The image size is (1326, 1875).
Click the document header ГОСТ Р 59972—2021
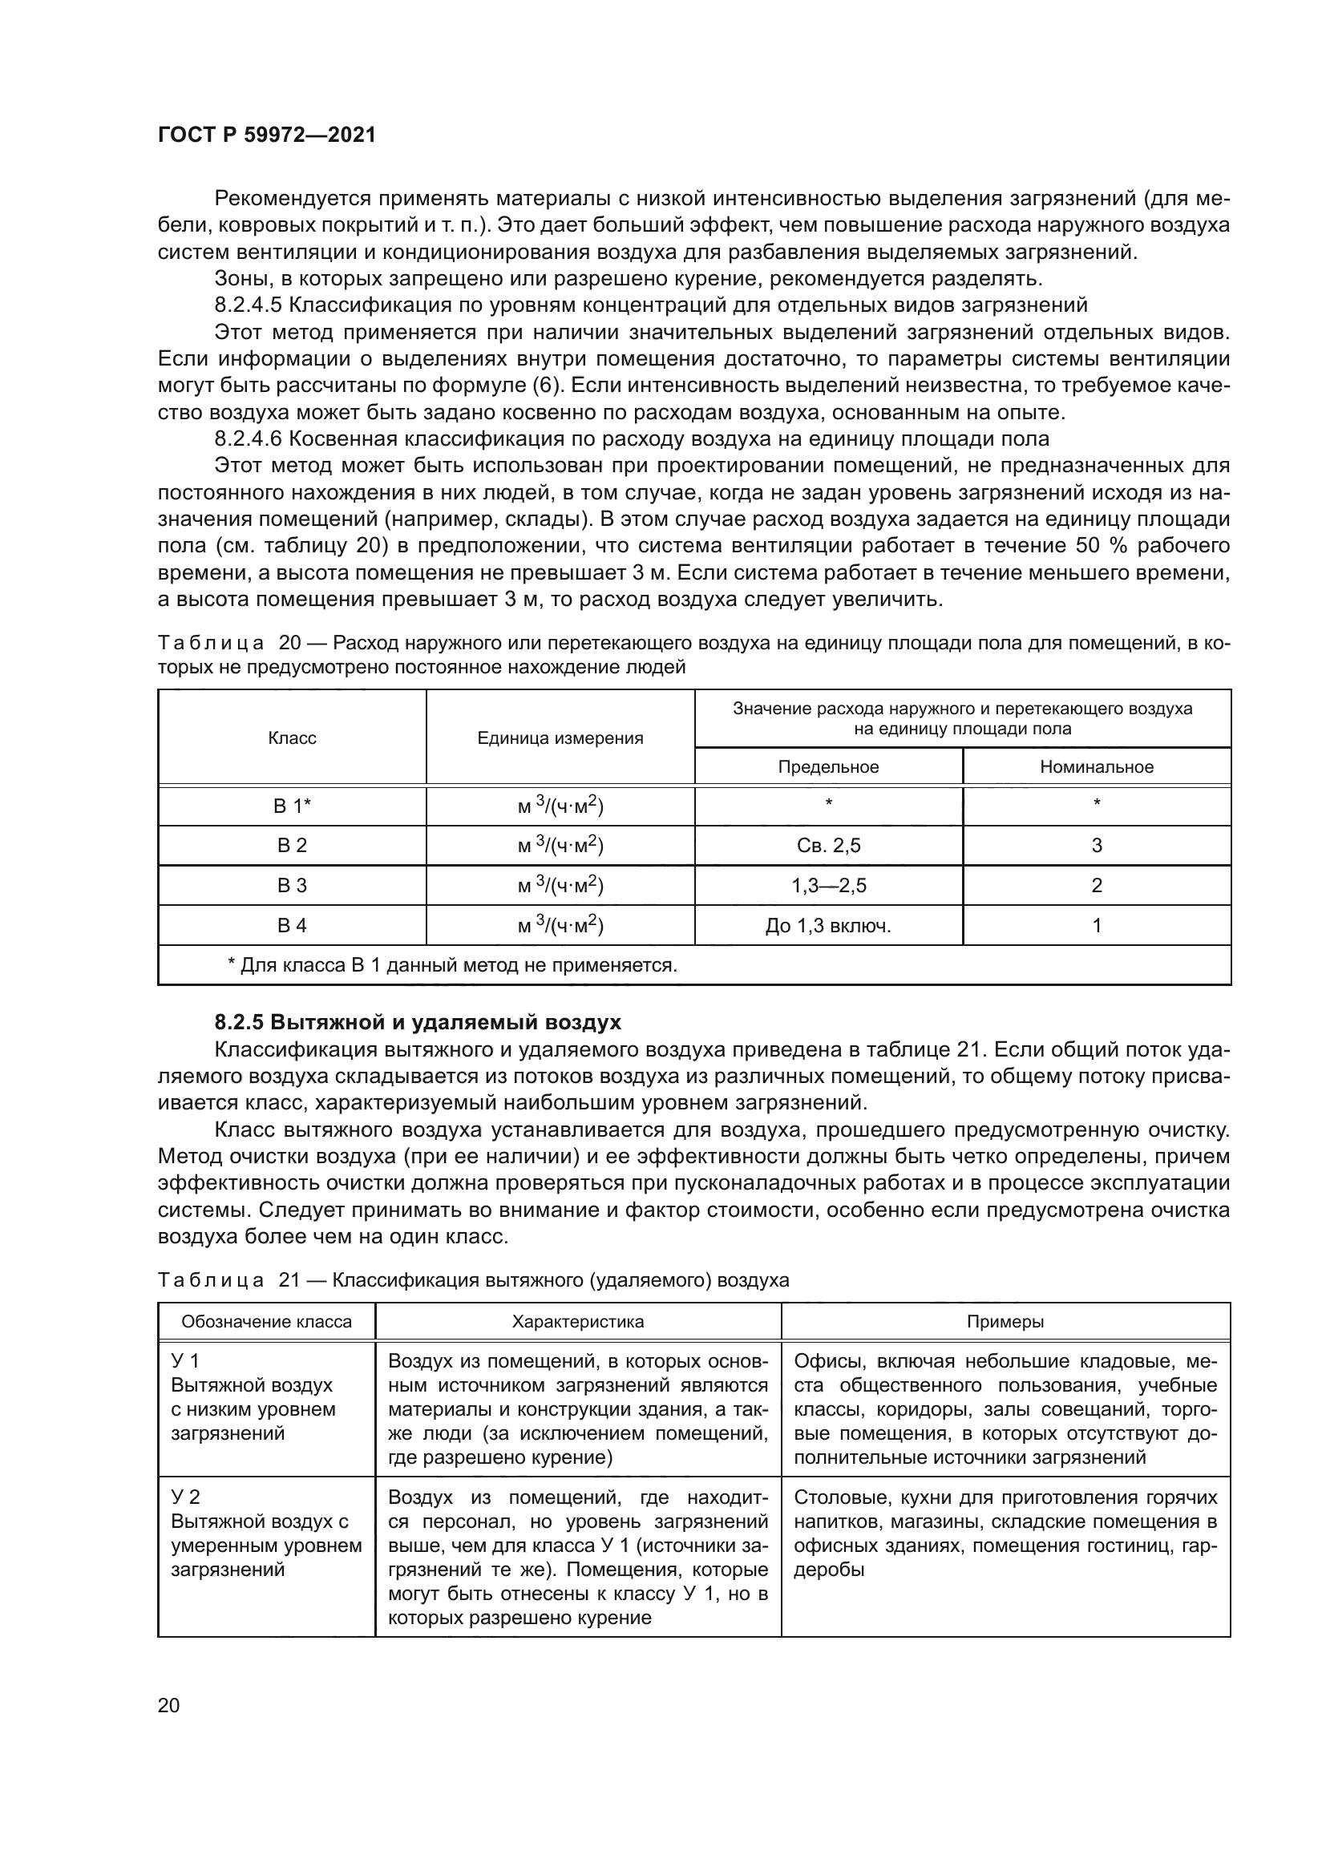266,135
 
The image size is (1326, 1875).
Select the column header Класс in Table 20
292,737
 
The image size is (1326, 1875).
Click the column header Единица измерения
560,737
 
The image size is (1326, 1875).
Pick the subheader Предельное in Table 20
828,767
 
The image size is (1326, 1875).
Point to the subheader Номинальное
1097,767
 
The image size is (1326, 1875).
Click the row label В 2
292,845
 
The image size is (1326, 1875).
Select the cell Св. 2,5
828,845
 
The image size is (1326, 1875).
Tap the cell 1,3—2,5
828,885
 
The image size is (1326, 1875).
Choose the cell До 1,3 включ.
828,925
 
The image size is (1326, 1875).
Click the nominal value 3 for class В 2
1097,845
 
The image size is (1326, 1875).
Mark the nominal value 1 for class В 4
1097,925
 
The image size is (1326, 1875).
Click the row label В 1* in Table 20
292,806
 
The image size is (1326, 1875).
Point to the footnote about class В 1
452,965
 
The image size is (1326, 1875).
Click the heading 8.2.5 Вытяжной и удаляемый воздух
417,1022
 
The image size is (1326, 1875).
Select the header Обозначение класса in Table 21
266,1321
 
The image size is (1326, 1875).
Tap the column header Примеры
1005,1321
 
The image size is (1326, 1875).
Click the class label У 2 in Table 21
185,1497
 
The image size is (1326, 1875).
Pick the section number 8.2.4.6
248,438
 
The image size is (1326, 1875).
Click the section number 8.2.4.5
248,305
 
